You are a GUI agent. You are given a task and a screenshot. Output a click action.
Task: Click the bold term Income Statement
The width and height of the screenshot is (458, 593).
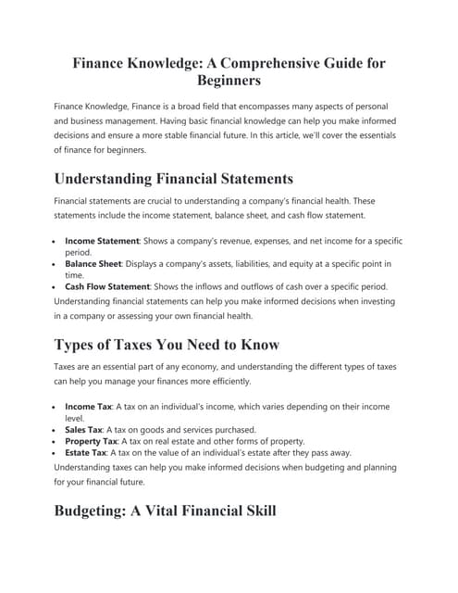coord(102,241)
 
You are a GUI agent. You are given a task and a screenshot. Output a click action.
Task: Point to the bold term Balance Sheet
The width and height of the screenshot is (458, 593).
coord(97,264)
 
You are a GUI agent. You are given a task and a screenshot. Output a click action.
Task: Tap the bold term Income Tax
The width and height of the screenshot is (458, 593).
coord(88,407)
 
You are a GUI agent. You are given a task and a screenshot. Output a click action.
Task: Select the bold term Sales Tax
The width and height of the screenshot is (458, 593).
coord(84,430)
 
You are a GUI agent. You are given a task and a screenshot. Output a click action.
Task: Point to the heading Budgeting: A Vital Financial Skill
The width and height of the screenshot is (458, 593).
coord(165,511)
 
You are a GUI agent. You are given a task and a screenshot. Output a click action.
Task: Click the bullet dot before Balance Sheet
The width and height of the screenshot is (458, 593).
coord(56,264)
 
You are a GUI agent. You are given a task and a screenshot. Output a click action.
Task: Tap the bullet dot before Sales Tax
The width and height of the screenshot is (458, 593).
coord(56,430)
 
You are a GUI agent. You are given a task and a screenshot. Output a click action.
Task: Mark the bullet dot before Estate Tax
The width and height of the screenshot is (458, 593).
coord(56,453)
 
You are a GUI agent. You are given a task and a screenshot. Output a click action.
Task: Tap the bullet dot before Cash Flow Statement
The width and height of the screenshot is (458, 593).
coord(56,286)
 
